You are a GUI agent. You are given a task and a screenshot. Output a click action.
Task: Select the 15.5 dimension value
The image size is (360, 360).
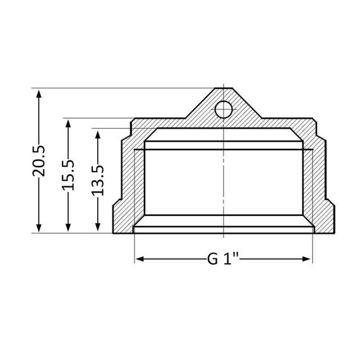pyautogui.click(x=69, y=175)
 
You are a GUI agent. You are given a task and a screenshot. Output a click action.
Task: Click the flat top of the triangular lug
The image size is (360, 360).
pyautogui.click(x=224, y=90)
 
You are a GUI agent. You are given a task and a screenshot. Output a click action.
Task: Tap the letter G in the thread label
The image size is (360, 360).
pyautogui.click(x=213, y=260)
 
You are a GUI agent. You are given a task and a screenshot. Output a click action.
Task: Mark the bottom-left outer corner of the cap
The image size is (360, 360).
pyautogui.click(x=114, y=232)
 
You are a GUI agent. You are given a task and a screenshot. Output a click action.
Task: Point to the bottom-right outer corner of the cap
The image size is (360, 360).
pyautogui.click(x=334, y=232)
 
